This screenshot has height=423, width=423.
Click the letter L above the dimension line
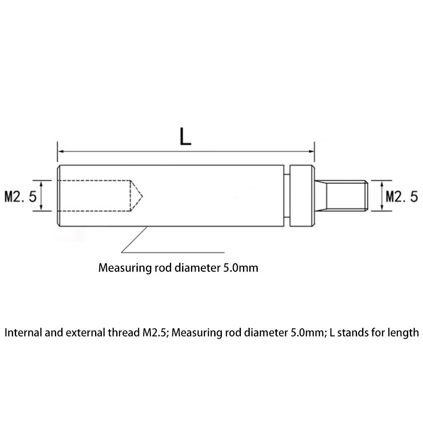(x=185, y=137)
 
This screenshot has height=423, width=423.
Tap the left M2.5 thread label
(x=20, y=196)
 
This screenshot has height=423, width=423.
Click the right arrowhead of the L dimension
(x=311, y=151)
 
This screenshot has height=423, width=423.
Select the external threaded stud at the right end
(x=347, y=195)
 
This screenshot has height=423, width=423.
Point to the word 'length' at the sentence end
(x=403, y=333)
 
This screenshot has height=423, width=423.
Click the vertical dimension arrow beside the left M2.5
(x=41, y=196)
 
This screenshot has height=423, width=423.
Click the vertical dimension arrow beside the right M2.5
(x=382, y=196)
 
